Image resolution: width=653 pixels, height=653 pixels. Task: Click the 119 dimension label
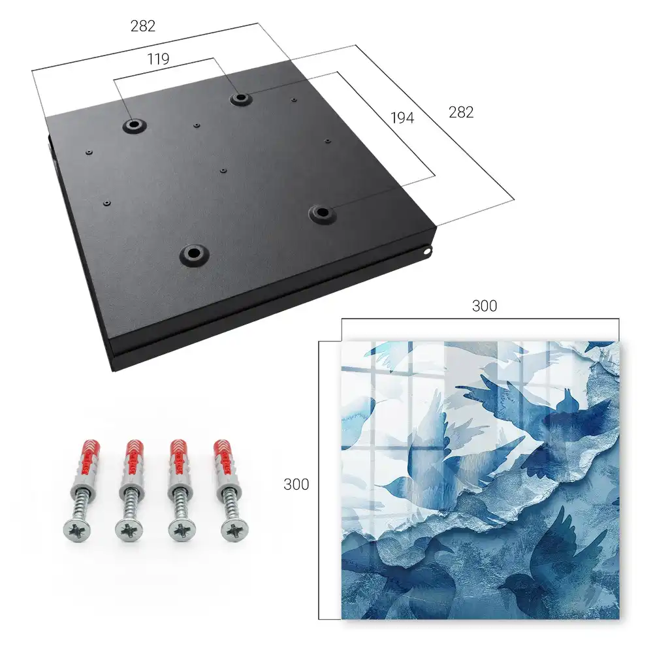point(158,59)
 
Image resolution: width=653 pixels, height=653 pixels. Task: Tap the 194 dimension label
point(402,118)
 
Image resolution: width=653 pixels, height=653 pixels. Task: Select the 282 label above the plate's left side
point(143,26)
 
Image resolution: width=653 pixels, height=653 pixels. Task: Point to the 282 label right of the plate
point(461,112)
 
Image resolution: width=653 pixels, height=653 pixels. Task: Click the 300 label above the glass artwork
point(485,306)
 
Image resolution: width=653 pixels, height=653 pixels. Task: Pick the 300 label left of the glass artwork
point(296,485)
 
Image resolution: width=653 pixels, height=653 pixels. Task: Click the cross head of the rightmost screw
point(233,530)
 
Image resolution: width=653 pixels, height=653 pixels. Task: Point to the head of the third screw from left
point(180,530)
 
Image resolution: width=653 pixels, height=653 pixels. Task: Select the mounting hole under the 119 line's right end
point(240,99)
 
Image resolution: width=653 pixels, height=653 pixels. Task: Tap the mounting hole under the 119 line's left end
point(134,125)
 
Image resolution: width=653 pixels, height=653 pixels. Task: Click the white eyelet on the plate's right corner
point(427,251)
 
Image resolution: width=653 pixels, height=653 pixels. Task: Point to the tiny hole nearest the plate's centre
point(223,170)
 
